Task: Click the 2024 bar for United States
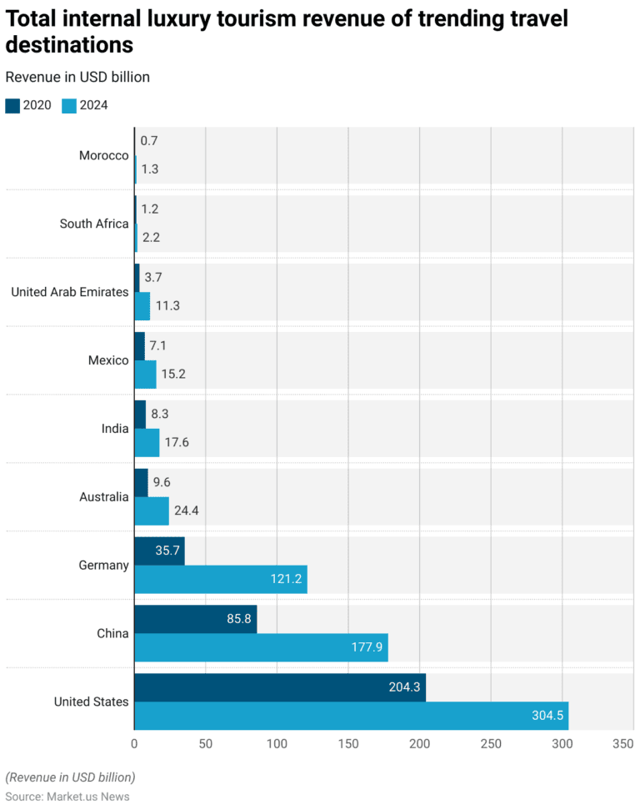click(x=350, y=716)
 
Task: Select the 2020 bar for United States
click(x=279, y=687)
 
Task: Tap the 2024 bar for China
click(x=260, y=647)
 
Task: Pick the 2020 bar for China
click(x=195, y=620)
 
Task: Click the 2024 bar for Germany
click(x=220, y=579)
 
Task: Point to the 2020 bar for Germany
click(x=158, y=551)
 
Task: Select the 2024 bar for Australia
click(x=151, y=511)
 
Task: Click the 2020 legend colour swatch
click(x=12, y=105)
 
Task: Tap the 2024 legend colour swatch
click(x=69, y=105)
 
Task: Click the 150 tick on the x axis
click(x=348, y=743)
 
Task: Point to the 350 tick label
click(x=622, y=743)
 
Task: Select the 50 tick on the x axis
click(x=206, y=743)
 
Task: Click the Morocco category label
click(x=103, y=155)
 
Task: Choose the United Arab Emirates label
click(x=70, y=292)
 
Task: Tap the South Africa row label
click(x=94, y=224)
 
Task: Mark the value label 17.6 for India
click(x=177, y=442)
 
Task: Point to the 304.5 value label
click(x=547, y=716)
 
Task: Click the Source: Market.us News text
click(x=67, y=797)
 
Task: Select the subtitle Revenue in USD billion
click(x=77, y=77)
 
